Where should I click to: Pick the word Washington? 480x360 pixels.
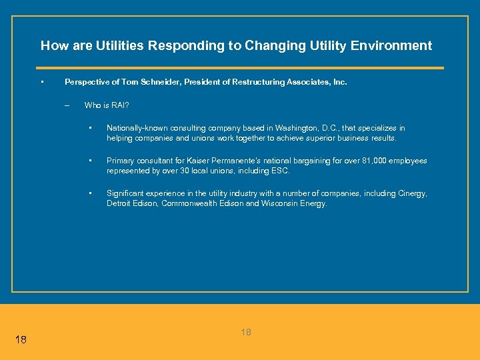[x=313, y=128]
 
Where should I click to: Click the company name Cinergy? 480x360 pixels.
[x=411, y=193]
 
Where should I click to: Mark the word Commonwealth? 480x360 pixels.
[x=189, y=203]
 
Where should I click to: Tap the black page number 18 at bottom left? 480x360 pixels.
[x=21, y=340]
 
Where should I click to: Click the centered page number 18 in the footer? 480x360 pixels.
[x=246, y=332]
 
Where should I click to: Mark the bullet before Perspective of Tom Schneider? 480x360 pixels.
[x=42, y=81]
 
